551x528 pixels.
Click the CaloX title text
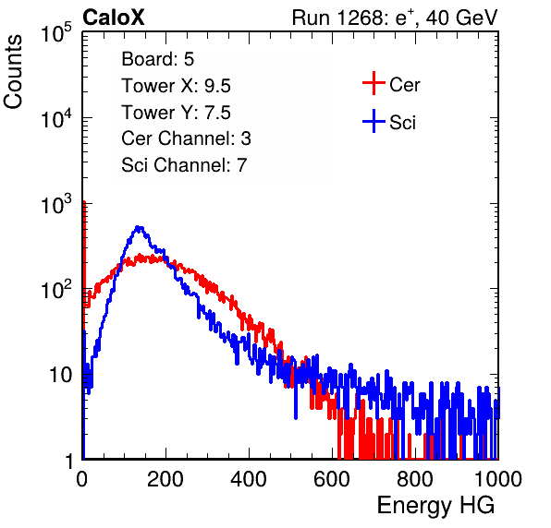coord(113,18)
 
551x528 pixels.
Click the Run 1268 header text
coord(395,18)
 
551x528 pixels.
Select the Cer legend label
coord(404,85)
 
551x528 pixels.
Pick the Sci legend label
coord(402,123)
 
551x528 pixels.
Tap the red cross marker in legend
coord(373,83)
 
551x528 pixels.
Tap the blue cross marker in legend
coord(373,121)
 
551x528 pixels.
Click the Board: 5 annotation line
coord(158,59)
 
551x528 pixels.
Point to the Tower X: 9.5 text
coord(176,86)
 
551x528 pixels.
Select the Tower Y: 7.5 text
coord(176,113)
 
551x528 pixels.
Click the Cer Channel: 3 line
coord(186,138)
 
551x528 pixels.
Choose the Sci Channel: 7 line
coord(184,165)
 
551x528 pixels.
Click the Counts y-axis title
coord(13,72)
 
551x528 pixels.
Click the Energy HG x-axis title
coord(435,506)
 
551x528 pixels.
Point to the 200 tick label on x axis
coord(165,479)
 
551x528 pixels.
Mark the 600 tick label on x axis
coord(332,479)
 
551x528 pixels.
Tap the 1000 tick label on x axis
coord(498,479)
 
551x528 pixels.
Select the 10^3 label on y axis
coord(56,204)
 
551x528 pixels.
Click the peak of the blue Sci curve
coord(140,227)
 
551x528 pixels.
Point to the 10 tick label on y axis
coord(61,376)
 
